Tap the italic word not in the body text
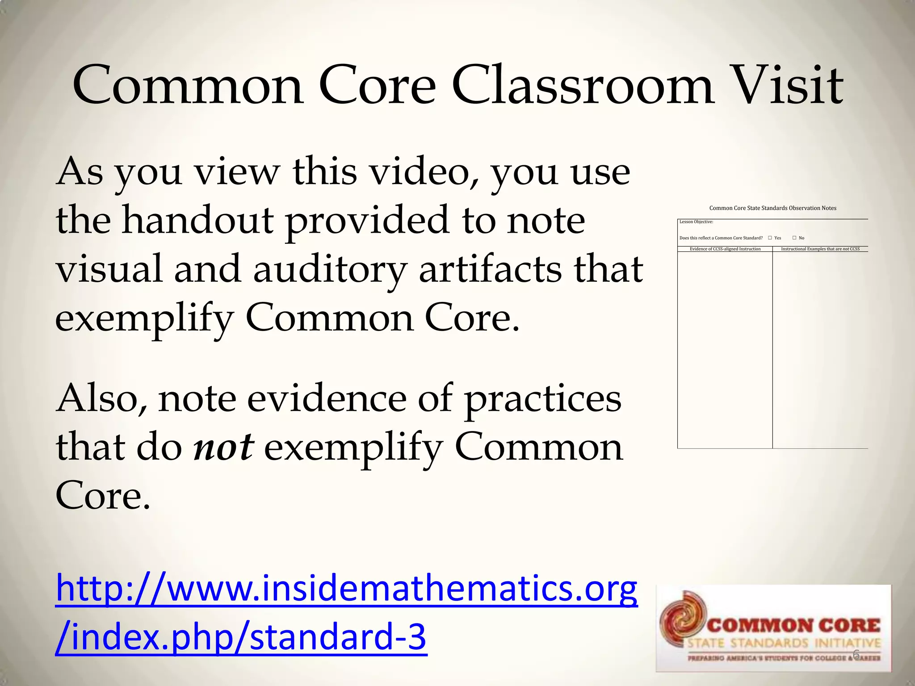(224, 447)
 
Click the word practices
(542, 399)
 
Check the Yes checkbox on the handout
(770, 238)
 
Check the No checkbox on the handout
(794, 238)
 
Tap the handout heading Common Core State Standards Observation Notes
(772, 208)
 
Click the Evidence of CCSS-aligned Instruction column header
(725, 249)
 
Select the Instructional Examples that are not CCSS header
(820, 249)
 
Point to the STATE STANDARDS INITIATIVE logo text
(784, 644)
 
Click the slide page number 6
(856, 655)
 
